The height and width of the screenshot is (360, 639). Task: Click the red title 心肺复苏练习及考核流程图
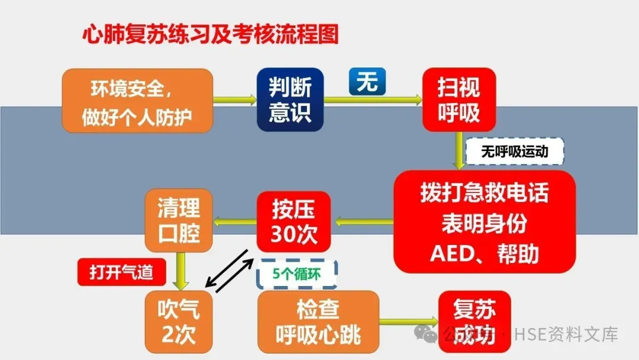click(210, 34)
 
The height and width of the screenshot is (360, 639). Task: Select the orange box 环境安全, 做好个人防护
click(137, 100)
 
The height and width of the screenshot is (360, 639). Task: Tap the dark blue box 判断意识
click(290, 100)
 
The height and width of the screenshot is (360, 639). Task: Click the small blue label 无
click(367, 82)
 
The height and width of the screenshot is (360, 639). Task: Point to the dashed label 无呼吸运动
click(515, 152)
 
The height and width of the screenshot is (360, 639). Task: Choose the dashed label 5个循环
click(296, 274)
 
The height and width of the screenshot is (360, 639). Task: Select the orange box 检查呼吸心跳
click(318, 322)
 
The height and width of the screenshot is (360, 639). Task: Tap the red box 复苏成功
click(474, 322)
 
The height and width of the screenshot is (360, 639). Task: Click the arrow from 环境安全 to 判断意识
click(234, 101)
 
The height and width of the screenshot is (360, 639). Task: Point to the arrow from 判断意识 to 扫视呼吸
click(373, 101)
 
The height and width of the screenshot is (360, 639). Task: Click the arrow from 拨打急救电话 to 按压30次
click(363, 222)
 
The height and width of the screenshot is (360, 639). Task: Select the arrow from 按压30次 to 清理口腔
click(234, 222)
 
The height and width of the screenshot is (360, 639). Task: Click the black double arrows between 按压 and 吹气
click(228, 271)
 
